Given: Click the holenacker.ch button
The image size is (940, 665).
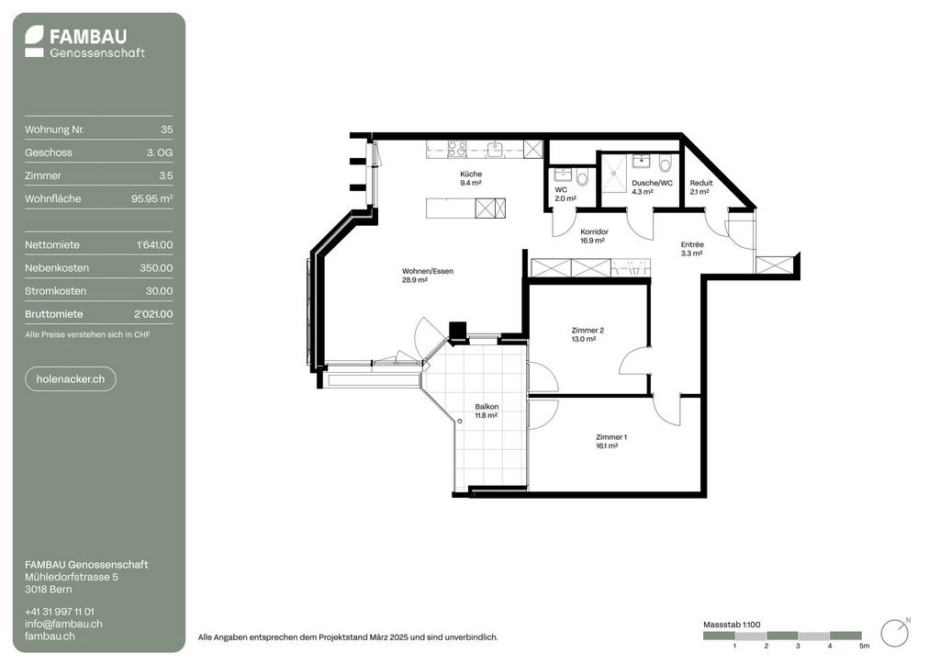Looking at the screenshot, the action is pyautogui.click(x=70, y=379).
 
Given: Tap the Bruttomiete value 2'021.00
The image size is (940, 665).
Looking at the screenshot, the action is pyautogui.click(x=153, y=314).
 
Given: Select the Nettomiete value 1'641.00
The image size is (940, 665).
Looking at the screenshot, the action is pyautogui.click(x=154, y=244).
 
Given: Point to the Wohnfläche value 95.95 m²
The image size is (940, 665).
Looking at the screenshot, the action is pyautogui.click(x=152, y=198).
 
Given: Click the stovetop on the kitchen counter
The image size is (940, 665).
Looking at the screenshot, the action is pyautogui.click(x=457, y=149).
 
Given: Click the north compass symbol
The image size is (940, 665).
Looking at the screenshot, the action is pyautogui.click(x=895, y=633).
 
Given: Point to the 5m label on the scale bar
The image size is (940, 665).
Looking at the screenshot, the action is pyautogui.click(x=864, y=646).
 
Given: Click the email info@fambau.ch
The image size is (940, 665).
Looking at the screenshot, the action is pyautogui.click(x=63, y=624).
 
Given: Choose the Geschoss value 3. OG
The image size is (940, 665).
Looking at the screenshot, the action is pyautogui.click(x=160, y=152).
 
